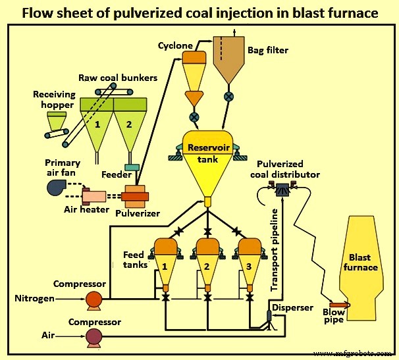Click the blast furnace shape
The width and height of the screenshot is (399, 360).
pyautogui.click(x=361, y=263)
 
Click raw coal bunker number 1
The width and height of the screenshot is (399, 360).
pyautogui.click(x=97, y=126)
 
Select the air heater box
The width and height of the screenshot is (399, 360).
pyautogui.click(x=94, y=195)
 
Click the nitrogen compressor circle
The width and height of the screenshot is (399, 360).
pyautogui.click(x=94, y=299)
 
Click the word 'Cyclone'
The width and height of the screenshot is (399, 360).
pyautogui.click(x=175, y=45)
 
